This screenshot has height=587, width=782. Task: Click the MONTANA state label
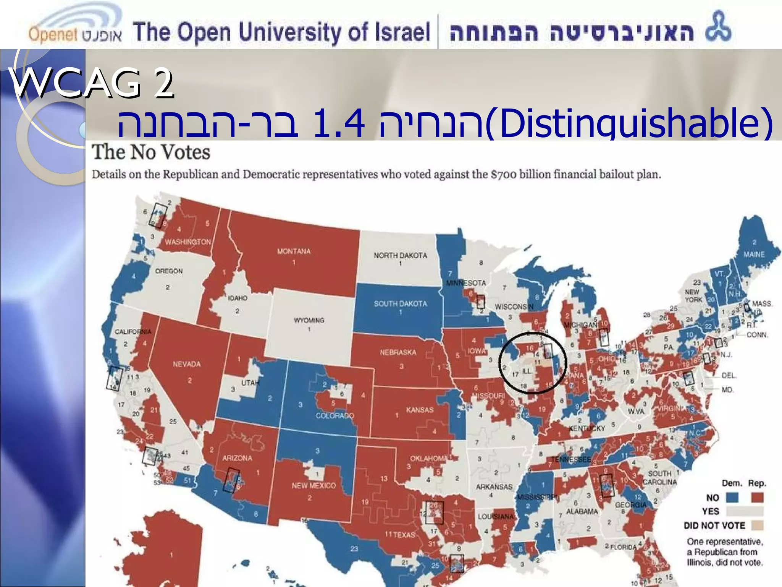(x=294, y=251)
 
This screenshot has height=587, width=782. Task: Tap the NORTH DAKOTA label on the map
(x=400, y=255)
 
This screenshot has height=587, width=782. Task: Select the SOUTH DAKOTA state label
(x=400, y=304)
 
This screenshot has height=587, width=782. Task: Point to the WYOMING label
(x=309, y=320)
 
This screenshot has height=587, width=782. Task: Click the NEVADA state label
(x=186, y=364)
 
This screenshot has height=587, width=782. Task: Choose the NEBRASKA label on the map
(x=398, y=352)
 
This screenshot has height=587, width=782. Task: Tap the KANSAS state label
(x=420, y=410)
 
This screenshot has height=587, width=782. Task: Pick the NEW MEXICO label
(x=313, y=486)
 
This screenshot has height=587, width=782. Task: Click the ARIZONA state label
(x=237, y=458)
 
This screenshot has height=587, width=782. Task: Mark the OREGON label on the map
(x=169, y=271)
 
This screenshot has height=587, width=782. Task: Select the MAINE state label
(x=754, y=255)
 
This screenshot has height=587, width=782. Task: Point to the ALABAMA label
(x=582, y=511)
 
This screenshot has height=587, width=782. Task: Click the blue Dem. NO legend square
(x=732, y=498)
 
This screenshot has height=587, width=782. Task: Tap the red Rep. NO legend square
(x=757, y=498)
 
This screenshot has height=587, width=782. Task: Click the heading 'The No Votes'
(x=151, y=152)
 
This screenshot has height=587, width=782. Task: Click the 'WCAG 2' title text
(x=92, y=83)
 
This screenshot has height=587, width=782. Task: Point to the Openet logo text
(x=53, y=34)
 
